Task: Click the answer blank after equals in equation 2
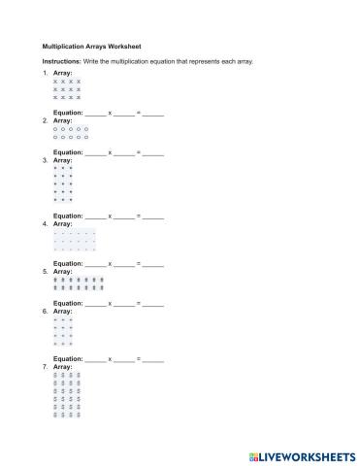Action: [x=153, y=152]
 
